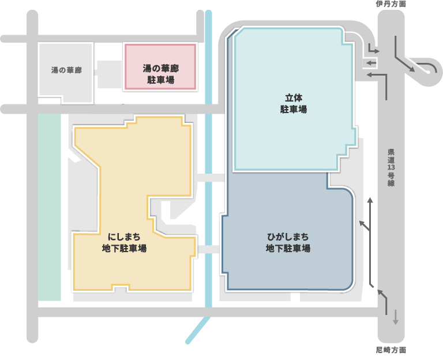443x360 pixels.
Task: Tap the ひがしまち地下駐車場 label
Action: pos(288,242)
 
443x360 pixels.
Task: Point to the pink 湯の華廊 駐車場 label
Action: pos(160,74)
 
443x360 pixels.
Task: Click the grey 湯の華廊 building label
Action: pos(66,70)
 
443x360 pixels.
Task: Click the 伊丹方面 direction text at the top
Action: pos(391,4)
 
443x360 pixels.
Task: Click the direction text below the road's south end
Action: pos(391,350)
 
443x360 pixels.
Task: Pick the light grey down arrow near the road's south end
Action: pos(395,317)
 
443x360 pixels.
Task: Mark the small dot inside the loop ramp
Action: pos(427,72)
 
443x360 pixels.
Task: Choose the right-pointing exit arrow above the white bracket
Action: pos(373,51)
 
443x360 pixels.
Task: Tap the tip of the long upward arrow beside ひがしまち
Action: pos(370,199)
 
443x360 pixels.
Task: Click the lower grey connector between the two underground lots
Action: pos(208,249)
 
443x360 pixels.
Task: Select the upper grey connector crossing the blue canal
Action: pos(210,178)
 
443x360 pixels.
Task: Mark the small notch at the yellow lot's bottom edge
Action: pos(120,287)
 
